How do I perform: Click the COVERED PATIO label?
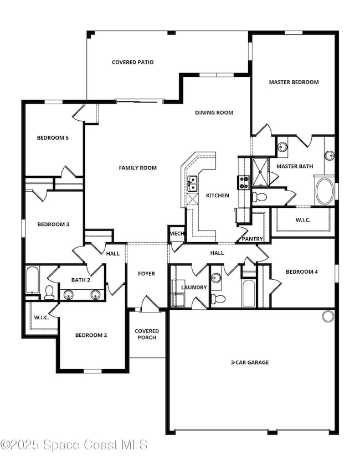pyautogui.click(x=132, y=62)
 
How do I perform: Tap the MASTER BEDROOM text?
pyautogui.click(x=294, y=82)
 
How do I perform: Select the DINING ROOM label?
pyautogui.click(x=214, y=112)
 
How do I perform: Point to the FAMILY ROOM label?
pyautogui.click(x=138, y=168)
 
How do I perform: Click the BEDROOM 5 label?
pyautogui.click(x=53, y=138)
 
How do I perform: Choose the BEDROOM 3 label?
pyautogui.click(x=53, y=224)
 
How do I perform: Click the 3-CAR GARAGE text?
pyautogui.click(x=250, y=362)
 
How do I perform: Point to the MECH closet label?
pyautogui.click(x=177, y=234)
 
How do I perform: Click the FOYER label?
pyautogui.click(x=146, y=274)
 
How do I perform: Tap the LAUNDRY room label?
pyautogui.click(x=194, y=288)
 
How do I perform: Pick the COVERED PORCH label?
pyautogui.click(x=147, y=334)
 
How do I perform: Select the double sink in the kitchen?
pyautogui.click(x=192, y=183)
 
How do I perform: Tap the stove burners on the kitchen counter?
pyautogui.click(x=243, y=182)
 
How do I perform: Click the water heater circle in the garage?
pyautogui.click(x=328, y=316)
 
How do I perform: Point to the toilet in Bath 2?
pyautogui.click(x=49, y=292)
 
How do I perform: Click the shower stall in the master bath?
pyautogui.click(x=259, y=172)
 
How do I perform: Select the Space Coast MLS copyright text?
pyautogui.click(x=74, y=445)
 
